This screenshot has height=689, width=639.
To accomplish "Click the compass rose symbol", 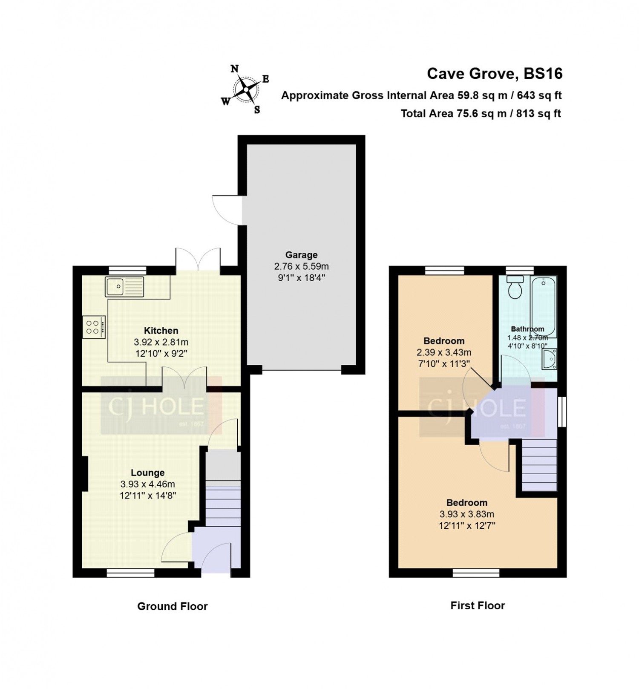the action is tap(245, 89).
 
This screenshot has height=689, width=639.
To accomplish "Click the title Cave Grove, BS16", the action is tap(495, 74).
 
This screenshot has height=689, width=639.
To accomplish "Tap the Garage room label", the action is tap(302, 255).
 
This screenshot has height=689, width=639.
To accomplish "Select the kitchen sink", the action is tap(125, 286).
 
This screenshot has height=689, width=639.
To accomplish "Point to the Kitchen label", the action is tap(161, 331).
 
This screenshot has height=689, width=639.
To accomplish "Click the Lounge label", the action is tap(148, 473).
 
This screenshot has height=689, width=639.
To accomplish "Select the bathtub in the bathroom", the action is tap(544, 307).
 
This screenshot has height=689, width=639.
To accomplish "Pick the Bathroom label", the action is tap(527, 329).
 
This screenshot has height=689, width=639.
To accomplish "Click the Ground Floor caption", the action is tap(172, 606).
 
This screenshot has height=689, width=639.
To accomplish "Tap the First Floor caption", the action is tap(478, 605).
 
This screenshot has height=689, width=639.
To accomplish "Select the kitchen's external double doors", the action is tap(198, 258).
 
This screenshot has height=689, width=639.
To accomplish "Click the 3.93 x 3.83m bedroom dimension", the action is tap(467, 514).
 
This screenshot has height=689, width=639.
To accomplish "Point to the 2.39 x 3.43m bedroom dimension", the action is tap(444, 352).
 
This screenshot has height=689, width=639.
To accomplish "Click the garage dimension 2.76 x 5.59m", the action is tap(302, 267).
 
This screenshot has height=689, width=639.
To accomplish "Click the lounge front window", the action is tap(130, 573).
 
